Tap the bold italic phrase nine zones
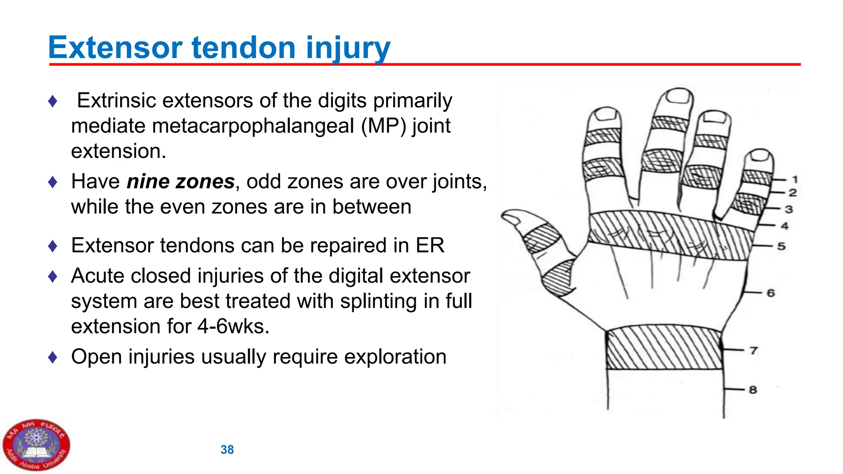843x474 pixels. pyautogui.click(x=181, y=181)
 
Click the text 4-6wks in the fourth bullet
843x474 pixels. pyautogui.click(x=233, y=327)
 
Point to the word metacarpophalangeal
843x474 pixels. pyautogui.click(x=253, y=126)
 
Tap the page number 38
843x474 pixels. pyautogui.click(x=227, y=450)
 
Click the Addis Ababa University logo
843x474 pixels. pyautogui.click(x=36, y=445)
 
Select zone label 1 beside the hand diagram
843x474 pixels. pyautogui.click(x=795, y=179)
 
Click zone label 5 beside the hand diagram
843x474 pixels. pyautogui.click(x=781, y=246)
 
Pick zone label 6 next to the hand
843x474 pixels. pyautogui.click(x=771, y=293)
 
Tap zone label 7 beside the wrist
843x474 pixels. pyautogui.click(x=754, y=351)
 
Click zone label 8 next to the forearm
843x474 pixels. pyautogui.click(x=753, y=390)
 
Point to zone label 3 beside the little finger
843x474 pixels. pyautogui.click(x=788, y=209)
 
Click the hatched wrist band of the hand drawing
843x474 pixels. pyautogui.click(x=664, y=348)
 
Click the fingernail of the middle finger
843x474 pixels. pyautogui.click(x=678, y=97)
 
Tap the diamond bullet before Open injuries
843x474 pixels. pyautogui.click(x=53, y=357)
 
